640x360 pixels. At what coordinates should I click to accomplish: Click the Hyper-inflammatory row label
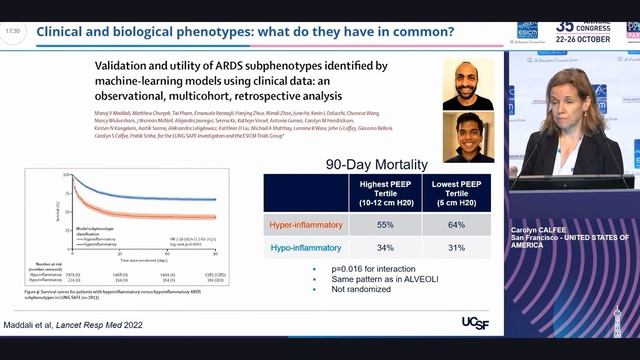pyautogui.click(x=306, y=224)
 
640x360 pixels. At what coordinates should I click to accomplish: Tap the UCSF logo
pyautogui.click(x=475, y=322)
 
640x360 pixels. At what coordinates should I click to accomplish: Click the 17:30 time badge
pyautogui.click(x=12, y=31)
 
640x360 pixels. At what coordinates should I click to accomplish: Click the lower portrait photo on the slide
pyautogui.click(x=468, y=137)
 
